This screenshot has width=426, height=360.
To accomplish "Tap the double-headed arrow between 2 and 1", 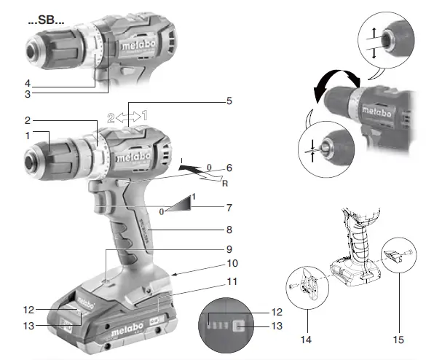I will (x=128, y=115).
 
